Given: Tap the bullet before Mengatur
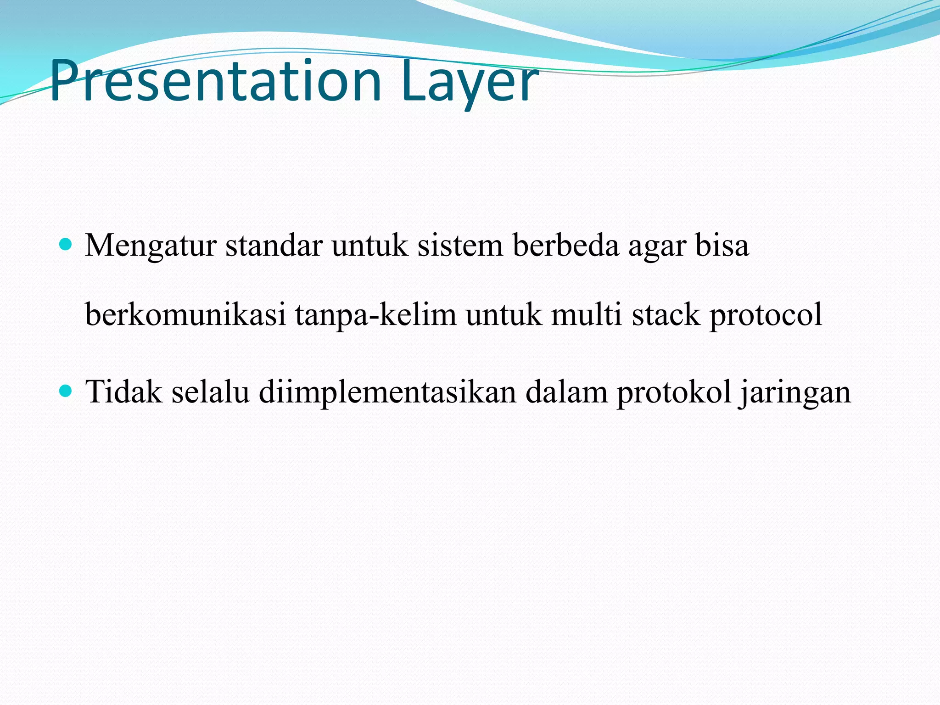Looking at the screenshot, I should coord(67,245).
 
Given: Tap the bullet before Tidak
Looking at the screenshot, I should coord(67,391).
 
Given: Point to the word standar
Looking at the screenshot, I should coord(274,246).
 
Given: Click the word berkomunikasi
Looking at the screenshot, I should coord(185,315).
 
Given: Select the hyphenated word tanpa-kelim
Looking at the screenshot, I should coord(375,316).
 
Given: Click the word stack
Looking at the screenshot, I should coord(666,315).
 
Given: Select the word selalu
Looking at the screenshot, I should coord(210,392).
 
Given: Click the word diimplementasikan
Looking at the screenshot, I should coord(387,393).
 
